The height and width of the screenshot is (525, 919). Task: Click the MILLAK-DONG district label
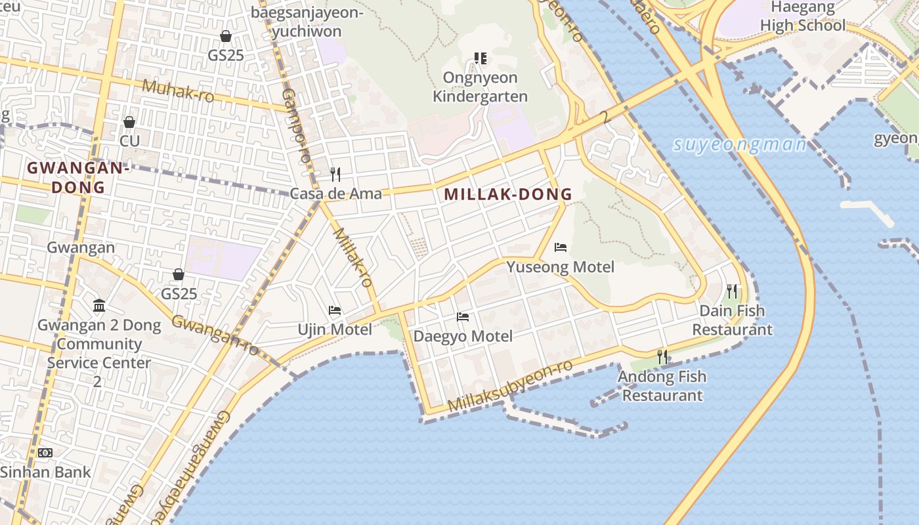pyautogui.click(x=508, y=194)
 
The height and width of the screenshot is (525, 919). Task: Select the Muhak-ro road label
pyautogui.click(x=178, y=91)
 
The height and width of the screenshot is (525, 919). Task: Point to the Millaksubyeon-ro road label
pyautogui.click(x=511, y=387)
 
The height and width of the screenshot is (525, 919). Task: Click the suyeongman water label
pyautogui.click(x=740, y=144)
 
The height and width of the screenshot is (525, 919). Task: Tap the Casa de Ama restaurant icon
pyautogui.click(x=335, y=174)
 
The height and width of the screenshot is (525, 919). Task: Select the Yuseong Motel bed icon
pyautogui.click(x=561, y=247)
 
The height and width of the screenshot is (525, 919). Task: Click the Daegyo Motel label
pyautogui.click(x=463, y=337)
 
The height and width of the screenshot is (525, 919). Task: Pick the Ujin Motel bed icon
pyautogui.click(x=335, y=310)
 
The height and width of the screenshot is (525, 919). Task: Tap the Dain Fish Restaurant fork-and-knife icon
pyautogui.click(x=732, y=291)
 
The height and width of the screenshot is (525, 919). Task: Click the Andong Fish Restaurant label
pyautogui.click(x=662, y=386)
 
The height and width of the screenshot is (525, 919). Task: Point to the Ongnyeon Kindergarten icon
pyautogui.click(x=481, y=58)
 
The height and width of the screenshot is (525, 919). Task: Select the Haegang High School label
pyautogui.click(x=803, y=17)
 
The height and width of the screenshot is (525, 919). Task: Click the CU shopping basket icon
pyautogui.click(x=129, y=122)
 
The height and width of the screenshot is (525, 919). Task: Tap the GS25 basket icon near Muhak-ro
pyautogui.click(x=226, y=36)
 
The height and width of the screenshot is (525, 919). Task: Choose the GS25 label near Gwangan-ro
pyautogui.click(x=179, y=293)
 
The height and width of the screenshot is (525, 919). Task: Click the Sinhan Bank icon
pyautogui.click(x=45, y=453)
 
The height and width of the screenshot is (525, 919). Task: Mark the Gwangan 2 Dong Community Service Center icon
pyautogui.click(x=99, y=306)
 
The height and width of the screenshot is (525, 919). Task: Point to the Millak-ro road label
pyautogui.click(x=353, y=258)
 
